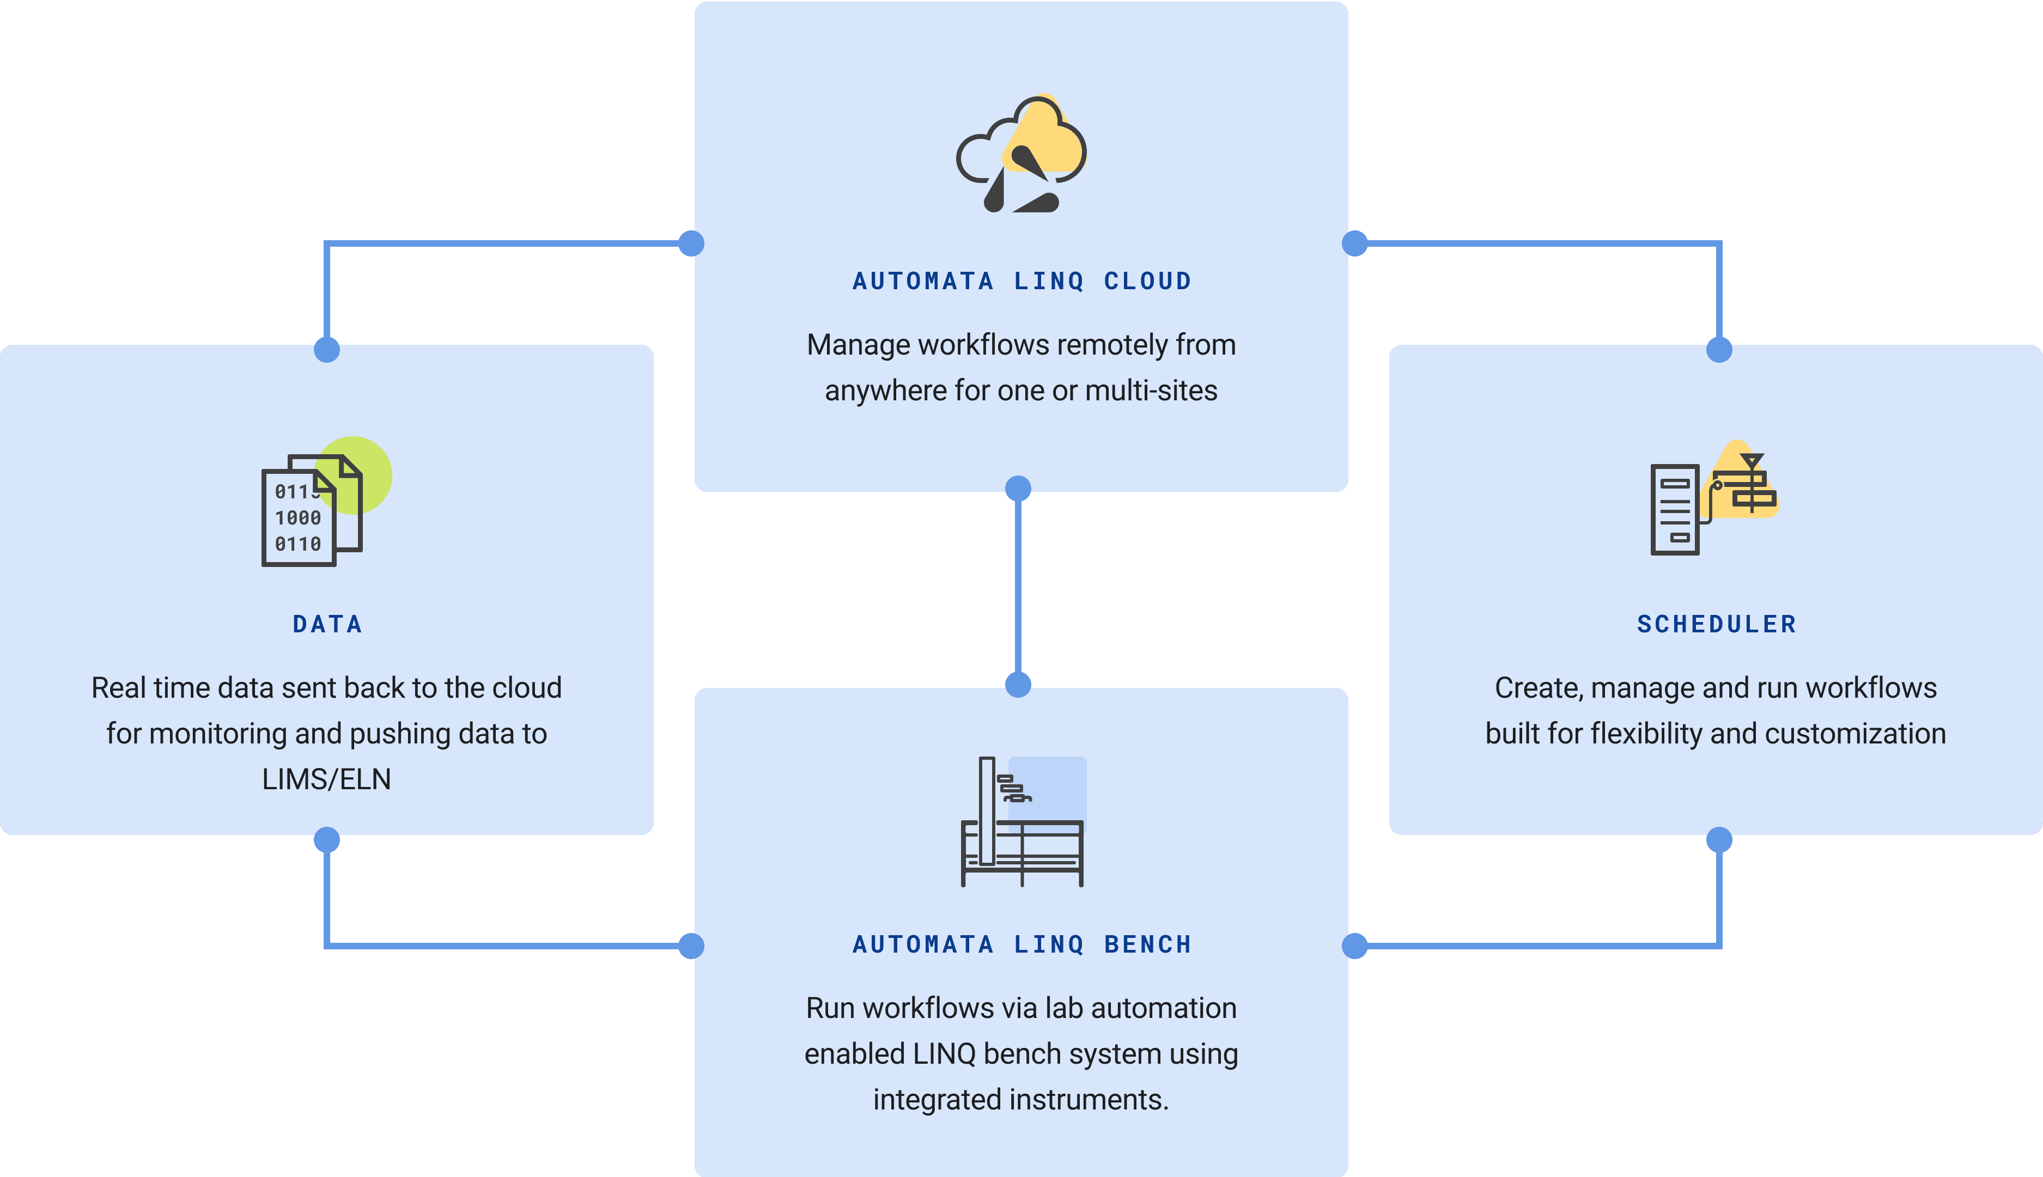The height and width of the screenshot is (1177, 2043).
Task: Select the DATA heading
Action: click(x=327, y=624)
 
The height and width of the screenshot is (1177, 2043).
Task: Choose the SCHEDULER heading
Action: click(x=1716, y=624)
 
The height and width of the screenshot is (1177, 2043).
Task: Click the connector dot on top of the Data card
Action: click(x=327, y=350)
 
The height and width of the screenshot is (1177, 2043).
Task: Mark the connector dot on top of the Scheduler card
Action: click(x=1719, y=350)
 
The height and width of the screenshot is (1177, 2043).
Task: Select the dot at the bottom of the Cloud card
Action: click(x=1018, y=488)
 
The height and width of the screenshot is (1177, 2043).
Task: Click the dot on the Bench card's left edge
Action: click(x=691, y=946)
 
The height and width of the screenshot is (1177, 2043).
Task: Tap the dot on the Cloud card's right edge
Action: click(x=1355, y=243)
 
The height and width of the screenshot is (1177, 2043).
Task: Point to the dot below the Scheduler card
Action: click(x=1719, y=840)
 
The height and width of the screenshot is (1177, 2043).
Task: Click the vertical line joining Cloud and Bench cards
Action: click(x=1018, y=586)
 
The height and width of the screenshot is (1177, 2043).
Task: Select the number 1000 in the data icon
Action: click(x=297, y=518)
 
